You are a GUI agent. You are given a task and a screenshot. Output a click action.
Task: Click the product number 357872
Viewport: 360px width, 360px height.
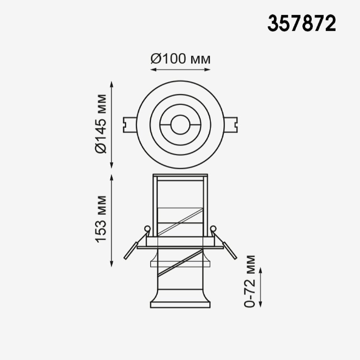302,23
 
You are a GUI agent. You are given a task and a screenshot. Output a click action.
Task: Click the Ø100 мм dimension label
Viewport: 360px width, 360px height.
180,59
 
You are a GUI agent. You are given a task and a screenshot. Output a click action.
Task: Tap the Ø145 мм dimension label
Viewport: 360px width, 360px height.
101,124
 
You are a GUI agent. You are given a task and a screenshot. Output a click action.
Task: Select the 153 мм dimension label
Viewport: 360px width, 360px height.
101,219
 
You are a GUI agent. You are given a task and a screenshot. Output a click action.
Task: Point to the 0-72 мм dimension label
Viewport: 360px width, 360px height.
249,281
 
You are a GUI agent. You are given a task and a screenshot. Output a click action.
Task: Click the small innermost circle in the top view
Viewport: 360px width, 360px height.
180,125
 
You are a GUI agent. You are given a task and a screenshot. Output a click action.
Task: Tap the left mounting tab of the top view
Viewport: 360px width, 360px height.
130,125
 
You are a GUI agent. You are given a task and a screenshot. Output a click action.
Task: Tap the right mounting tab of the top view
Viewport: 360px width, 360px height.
230,125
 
